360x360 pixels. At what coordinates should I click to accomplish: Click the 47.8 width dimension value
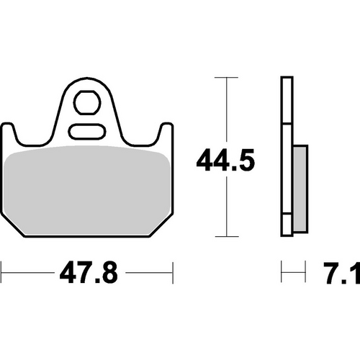[x=86, y=274]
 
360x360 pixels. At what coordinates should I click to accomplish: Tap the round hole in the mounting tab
[x=87, y=102]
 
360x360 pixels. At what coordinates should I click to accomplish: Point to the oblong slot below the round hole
[x=87, y=131]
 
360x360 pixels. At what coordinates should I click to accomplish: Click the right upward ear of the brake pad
[x=167, y=132]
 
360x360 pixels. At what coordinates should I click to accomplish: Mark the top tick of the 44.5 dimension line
[x=226, y=76]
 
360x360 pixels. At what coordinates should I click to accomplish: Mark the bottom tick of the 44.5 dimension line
[x=226, y=235]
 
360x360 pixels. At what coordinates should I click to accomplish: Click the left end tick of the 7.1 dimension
[x=282, y=274]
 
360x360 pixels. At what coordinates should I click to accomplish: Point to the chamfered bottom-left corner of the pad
[x=12, y=226]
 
